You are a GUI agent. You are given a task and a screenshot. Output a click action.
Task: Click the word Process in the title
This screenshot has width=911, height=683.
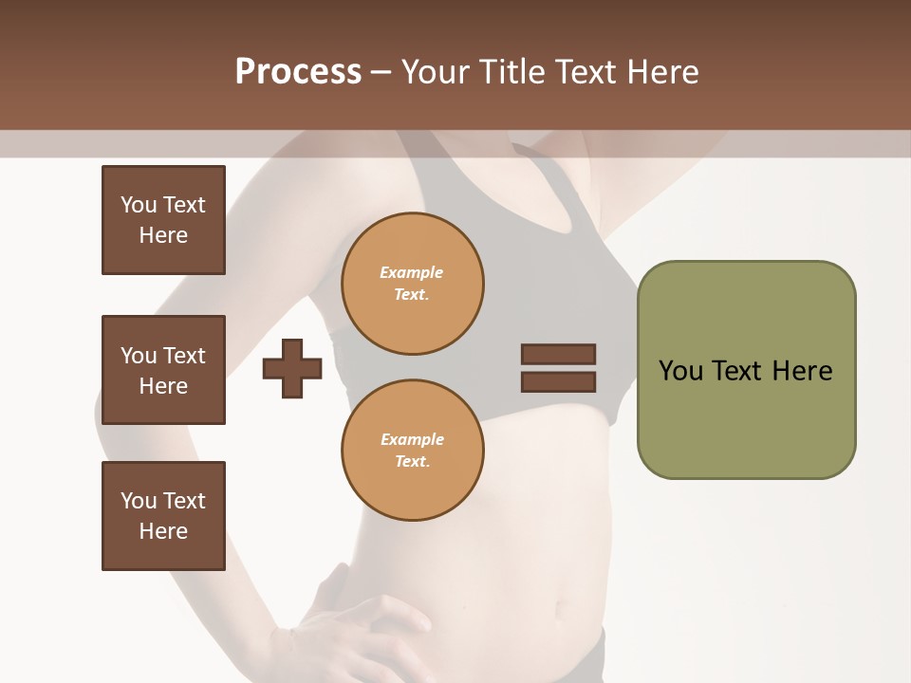[x=298, y=71]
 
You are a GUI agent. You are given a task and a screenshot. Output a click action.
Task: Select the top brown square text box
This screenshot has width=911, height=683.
[x=163, y=220]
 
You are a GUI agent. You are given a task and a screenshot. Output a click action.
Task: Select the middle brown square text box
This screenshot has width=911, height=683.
[x=163, y=370]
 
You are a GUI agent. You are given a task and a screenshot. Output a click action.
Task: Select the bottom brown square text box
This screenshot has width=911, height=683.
[x=163, y=516]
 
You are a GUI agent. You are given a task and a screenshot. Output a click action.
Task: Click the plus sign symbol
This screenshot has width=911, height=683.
[x=292, y=368]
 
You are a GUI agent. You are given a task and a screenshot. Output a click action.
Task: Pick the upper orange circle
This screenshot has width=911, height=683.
[x=412, y=284]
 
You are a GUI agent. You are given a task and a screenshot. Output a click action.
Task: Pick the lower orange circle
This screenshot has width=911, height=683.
[x=412, y=451]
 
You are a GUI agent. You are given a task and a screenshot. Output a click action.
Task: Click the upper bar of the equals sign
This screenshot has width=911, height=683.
[x=558, y=354]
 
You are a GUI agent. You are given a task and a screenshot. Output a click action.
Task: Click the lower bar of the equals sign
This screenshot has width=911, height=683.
[x=558, y=381]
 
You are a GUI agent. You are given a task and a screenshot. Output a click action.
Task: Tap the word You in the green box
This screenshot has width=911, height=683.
[x=680, y=371]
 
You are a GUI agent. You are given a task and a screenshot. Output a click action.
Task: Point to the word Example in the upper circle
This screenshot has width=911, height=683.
[x=412, y=272]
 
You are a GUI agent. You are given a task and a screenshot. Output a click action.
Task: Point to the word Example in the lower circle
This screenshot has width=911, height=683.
[x=412, y=439]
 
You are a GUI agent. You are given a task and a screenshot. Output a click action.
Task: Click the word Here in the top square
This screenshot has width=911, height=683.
[x=163, y=235]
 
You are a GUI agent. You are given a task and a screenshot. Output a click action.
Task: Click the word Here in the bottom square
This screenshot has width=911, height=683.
[x=163, y=531]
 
